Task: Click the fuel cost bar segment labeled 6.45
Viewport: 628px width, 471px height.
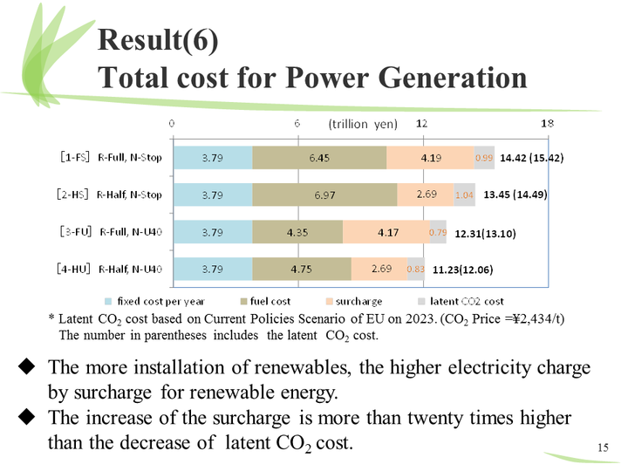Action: tap(319, 158)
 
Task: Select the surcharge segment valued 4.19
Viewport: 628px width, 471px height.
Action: tap(430, 158)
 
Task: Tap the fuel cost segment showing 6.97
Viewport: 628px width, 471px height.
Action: tap(324, 195)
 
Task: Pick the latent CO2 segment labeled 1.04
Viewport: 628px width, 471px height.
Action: tap(464, 195)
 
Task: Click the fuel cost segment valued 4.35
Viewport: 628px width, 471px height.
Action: tap(297, 232)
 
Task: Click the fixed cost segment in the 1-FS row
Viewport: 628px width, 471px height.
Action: tap(213, 158)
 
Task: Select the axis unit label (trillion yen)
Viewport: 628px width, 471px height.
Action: tap(362, 124)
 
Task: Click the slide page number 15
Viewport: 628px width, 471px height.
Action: tap(602, 447)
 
